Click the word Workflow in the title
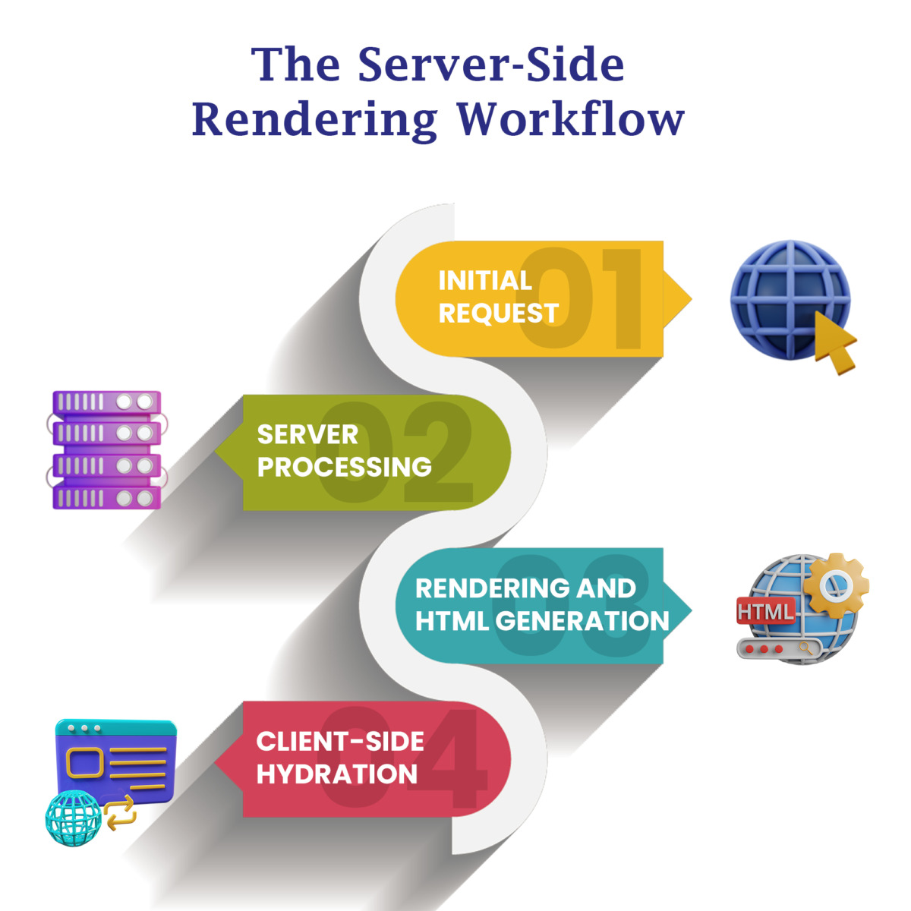coord(571,119)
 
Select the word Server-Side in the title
coord(491,65)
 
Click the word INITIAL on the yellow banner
coord(485,281)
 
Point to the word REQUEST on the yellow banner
coord(498,314)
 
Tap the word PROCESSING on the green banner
coord(344,467)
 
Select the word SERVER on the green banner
coord(307,434)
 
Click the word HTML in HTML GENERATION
coord(452,621)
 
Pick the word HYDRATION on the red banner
coord(337,774)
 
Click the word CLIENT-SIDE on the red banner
coord(340,742)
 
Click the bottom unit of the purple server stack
coord(106,497)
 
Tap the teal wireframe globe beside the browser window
coord(73,818)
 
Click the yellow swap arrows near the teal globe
coord(121,812)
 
